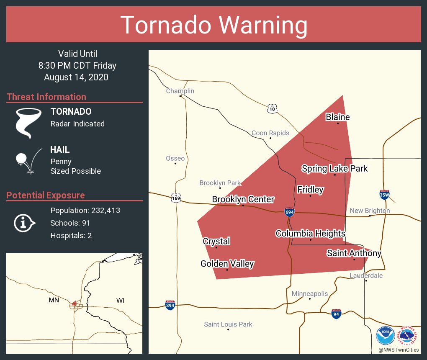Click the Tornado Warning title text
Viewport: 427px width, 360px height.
click(x=213, y=25)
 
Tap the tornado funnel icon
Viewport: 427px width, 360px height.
click(x=28, y=123)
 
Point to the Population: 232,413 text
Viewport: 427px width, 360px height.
click(x=85, y=211)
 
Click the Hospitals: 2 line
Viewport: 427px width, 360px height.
click(x=71, y=236)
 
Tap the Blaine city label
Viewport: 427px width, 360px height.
click(x=337, y=117)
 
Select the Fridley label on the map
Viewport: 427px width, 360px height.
click(x=310, y=190)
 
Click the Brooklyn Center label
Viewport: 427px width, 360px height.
click(x=243, y=199)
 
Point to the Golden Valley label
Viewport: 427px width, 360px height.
click(x=227, y=264)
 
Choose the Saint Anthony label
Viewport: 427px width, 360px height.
click(x=354, y=253)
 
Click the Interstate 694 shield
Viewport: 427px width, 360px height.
click(x=289, y=212)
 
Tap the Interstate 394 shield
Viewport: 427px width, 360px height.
click(x=170, y=305)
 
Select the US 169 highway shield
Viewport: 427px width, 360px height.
click(x=176, y=198)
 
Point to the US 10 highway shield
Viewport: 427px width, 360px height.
click(x=273, y=109)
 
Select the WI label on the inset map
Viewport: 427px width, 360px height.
click(x=120, y=301)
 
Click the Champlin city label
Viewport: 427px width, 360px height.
click(x=180, y=91)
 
